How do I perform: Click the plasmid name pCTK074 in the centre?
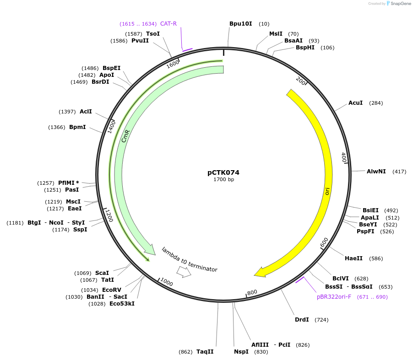tap(223, 172)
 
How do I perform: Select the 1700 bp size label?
tap(223, 179)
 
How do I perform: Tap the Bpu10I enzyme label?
tap(240, 24)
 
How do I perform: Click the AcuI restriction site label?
tap(355, 103)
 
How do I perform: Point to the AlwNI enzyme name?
tap(376, 172)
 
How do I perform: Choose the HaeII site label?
tap(353, 258)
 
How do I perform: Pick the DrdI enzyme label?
tap(302, 320)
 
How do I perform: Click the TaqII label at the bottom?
tap(205, 352)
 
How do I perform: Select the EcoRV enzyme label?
tap(111, 290)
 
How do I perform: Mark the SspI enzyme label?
tap(80, 230)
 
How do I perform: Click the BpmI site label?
tap(77, 127)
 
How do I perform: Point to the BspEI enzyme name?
tap(111, 68)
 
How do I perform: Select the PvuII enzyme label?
tap(140, 41)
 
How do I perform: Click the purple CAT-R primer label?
tap(168, 24)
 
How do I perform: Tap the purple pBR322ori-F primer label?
tap(334, 297)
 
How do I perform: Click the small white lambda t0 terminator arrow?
tap(184, 272)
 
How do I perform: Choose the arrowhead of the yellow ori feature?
tap(260, 273)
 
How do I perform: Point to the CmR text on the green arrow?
tap(125, 136)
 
